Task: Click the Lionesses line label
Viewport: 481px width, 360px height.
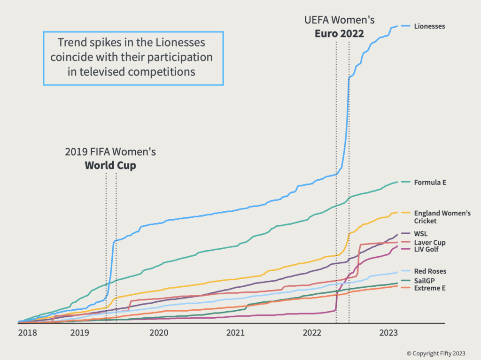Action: pos(429,26)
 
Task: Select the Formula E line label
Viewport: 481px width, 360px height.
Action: pos(429,182)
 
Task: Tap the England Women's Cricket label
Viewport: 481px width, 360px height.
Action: pos(442,217)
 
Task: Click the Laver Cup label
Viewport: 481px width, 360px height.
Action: pos(429,243)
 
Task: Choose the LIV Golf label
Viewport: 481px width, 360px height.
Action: pos(426,249)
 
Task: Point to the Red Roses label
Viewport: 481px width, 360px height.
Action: pos(430,271)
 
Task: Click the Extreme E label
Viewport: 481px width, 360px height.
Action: pos(429,288)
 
